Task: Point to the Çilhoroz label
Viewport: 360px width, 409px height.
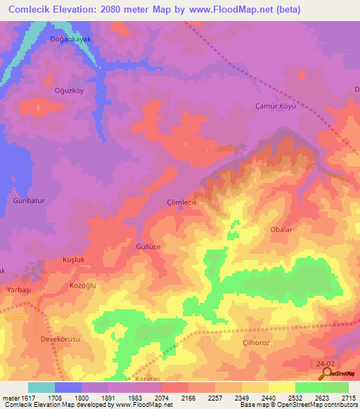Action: tap(257, 342)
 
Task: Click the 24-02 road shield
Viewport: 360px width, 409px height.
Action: tap(323, 362)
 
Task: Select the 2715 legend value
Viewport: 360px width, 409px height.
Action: tap(349, 398)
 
